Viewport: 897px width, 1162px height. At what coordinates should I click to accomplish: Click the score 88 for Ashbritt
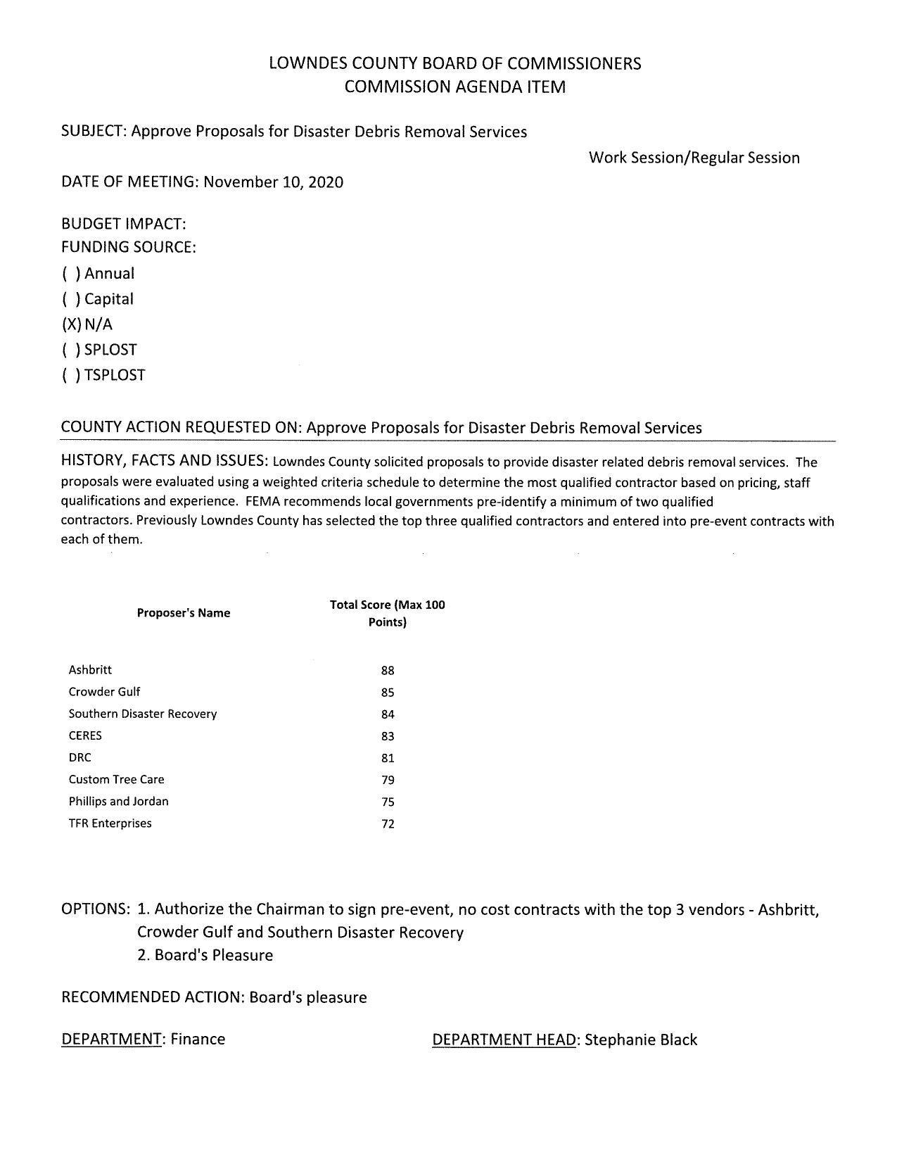click(x=388, y=671)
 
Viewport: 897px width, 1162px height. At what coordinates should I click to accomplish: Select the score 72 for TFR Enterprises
click(x=388, y=824)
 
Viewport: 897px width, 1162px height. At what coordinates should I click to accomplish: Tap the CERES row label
click(x=85, y=735)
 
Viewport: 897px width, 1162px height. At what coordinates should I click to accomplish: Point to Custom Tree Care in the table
click(x=116, y=779)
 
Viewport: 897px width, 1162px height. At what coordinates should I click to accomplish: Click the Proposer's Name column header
click(x=184, y=613)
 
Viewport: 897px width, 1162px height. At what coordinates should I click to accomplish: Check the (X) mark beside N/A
click(x=71, y=324)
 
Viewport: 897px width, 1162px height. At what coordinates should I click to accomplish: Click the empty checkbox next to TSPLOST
click(x=71, y=375)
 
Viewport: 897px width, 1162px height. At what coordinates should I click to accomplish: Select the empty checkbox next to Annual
click(x=71, y=274)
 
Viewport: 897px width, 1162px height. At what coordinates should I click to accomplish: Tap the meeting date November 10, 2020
click(x=274, y=182)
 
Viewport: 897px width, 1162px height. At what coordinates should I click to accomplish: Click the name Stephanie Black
click(x=640, y=1040)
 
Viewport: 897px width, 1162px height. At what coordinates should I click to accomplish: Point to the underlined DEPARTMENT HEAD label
click(x=504, y=1040)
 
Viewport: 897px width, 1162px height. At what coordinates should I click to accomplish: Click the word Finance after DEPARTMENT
click(x=198, y=1040)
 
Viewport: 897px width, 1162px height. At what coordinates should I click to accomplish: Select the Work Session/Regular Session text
click(x=694, y=158)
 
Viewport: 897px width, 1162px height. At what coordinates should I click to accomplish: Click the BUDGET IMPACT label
click(x=123, y=225)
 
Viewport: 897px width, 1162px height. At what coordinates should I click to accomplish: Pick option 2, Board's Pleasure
click(x=205, y=955)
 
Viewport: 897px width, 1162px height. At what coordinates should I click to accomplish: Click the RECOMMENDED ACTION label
click(x=153, y=997)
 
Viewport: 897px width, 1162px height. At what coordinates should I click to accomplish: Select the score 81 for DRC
click(x=388, y=758)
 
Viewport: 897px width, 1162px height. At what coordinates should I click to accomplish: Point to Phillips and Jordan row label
click(x=118, y=801)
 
